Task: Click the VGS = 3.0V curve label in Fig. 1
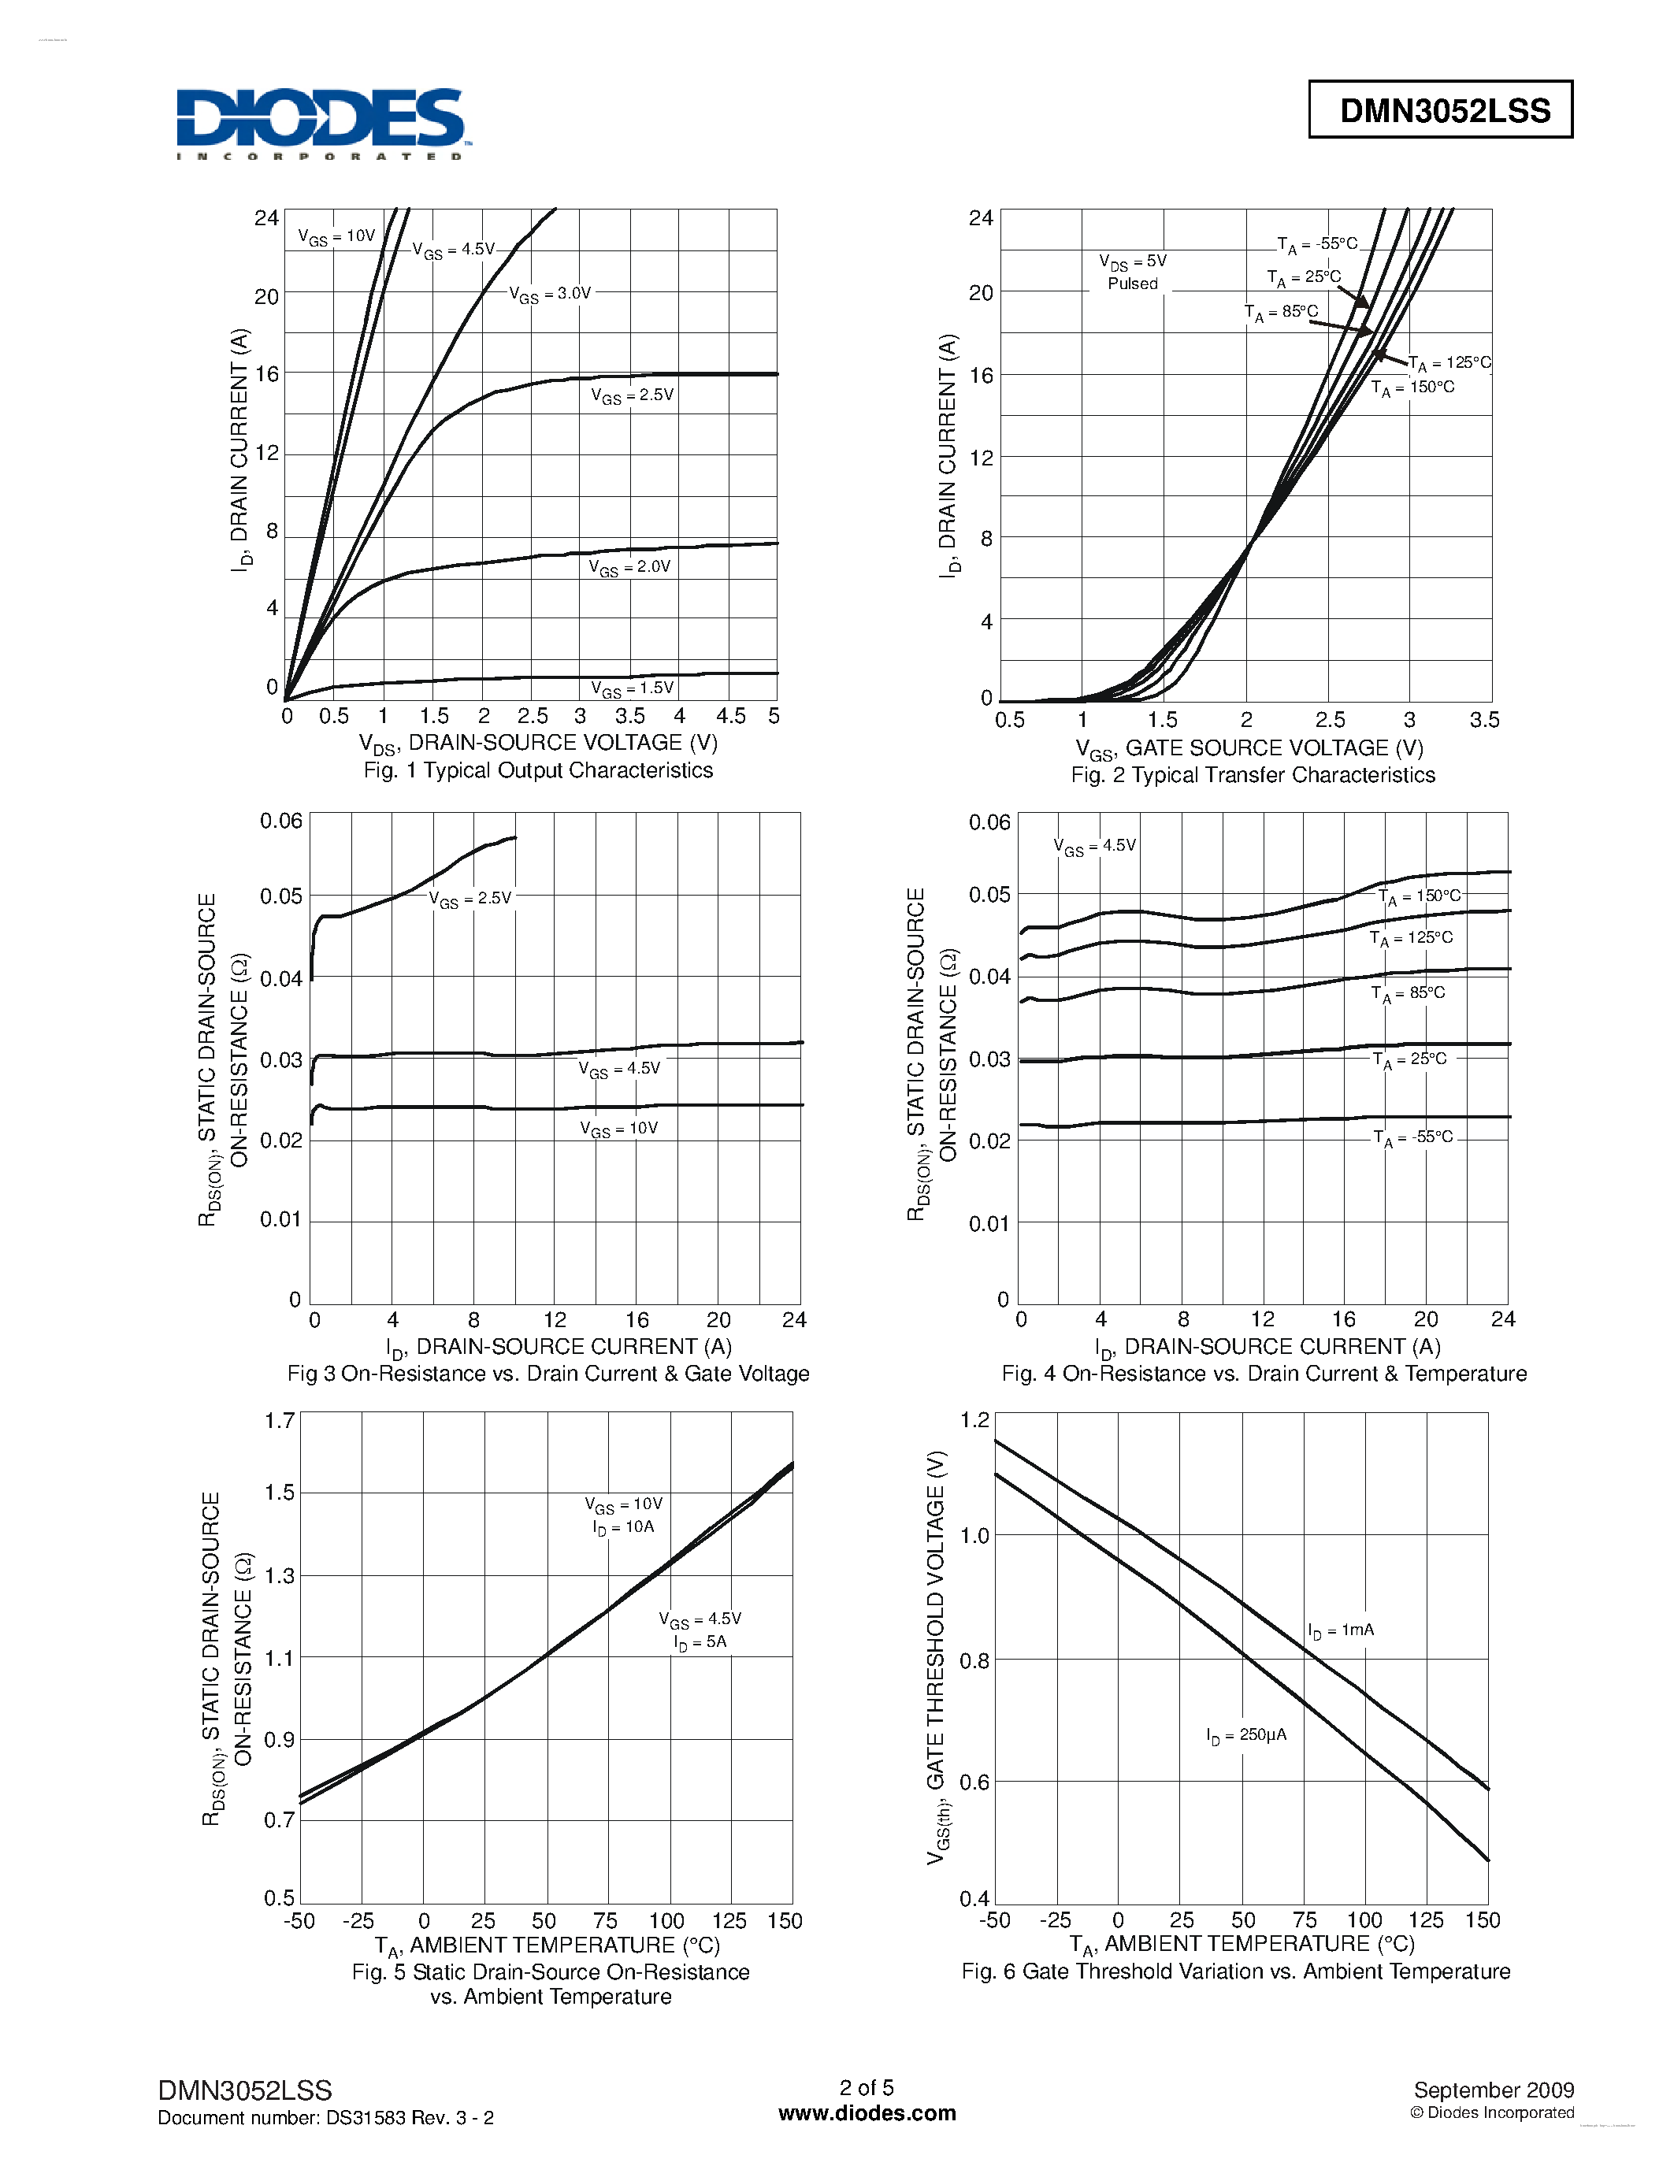[551, 295]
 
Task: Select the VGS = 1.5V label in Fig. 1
[632, 689]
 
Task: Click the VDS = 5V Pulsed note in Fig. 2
[1133, 272]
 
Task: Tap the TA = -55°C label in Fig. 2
[1317, 244]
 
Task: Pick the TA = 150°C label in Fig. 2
[1412, 388]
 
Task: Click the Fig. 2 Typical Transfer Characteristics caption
[1253, 776]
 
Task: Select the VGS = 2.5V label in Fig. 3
[470, 899]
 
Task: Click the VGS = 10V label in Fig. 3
[619, 1129]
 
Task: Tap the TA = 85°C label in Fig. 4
[1409, 994]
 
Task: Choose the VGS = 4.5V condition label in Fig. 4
[1094, 846]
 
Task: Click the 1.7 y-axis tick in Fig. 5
[280, 1420]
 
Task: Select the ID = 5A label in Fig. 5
[700, 1642]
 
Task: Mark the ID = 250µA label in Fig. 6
[1246, 1736]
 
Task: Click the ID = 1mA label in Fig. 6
[1341, 1630]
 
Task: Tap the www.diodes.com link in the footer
[867, 2113]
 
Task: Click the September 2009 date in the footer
[1494, 2090]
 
